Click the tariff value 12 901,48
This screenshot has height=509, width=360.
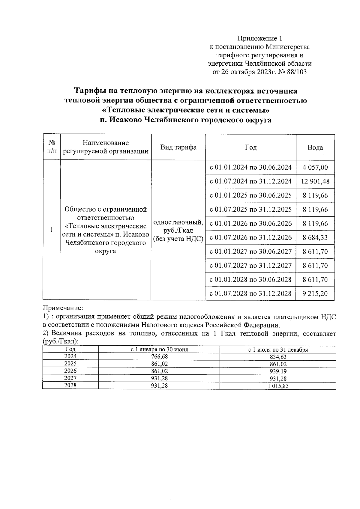[x=315, y=181]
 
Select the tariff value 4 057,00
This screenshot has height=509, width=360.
[x=315, y=167]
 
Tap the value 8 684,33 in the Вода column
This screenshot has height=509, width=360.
[x=315, y=238]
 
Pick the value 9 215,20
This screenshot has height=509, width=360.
[x=315, y=293]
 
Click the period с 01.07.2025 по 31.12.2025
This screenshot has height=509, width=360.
[x=250, y=210]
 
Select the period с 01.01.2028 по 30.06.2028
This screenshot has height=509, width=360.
[x=250, y=279]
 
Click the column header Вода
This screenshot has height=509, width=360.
[x=315, y=147]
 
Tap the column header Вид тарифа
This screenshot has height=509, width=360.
[x=178, y=147]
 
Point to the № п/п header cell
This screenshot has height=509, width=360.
[x=52, y=147]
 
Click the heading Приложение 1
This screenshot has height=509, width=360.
[x=260, y=38]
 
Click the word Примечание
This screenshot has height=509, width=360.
[x=62, y=308]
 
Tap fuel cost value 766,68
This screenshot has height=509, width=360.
[x=159, y=356]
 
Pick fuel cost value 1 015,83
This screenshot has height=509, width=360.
[x=278, y=386]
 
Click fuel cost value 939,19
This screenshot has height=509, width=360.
[x=278, y=371]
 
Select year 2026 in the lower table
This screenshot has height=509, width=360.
[x=70, y=371]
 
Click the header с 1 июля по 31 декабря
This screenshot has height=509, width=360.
[x=278, y=350]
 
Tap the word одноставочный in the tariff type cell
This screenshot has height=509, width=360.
[x=178, y=223]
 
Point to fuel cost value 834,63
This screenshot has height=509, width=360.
[x=278, y=356]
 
